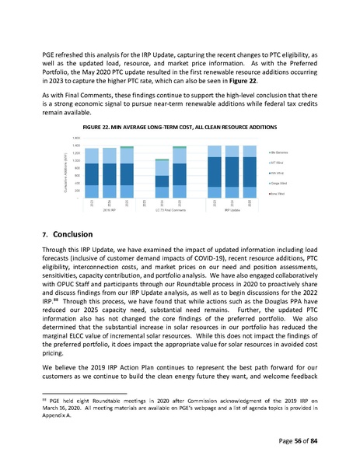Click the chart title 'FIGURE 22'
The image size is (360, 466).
(x=180, y=126)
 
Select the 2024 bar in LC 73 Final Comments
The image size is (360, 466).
(x=162, y=177)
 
